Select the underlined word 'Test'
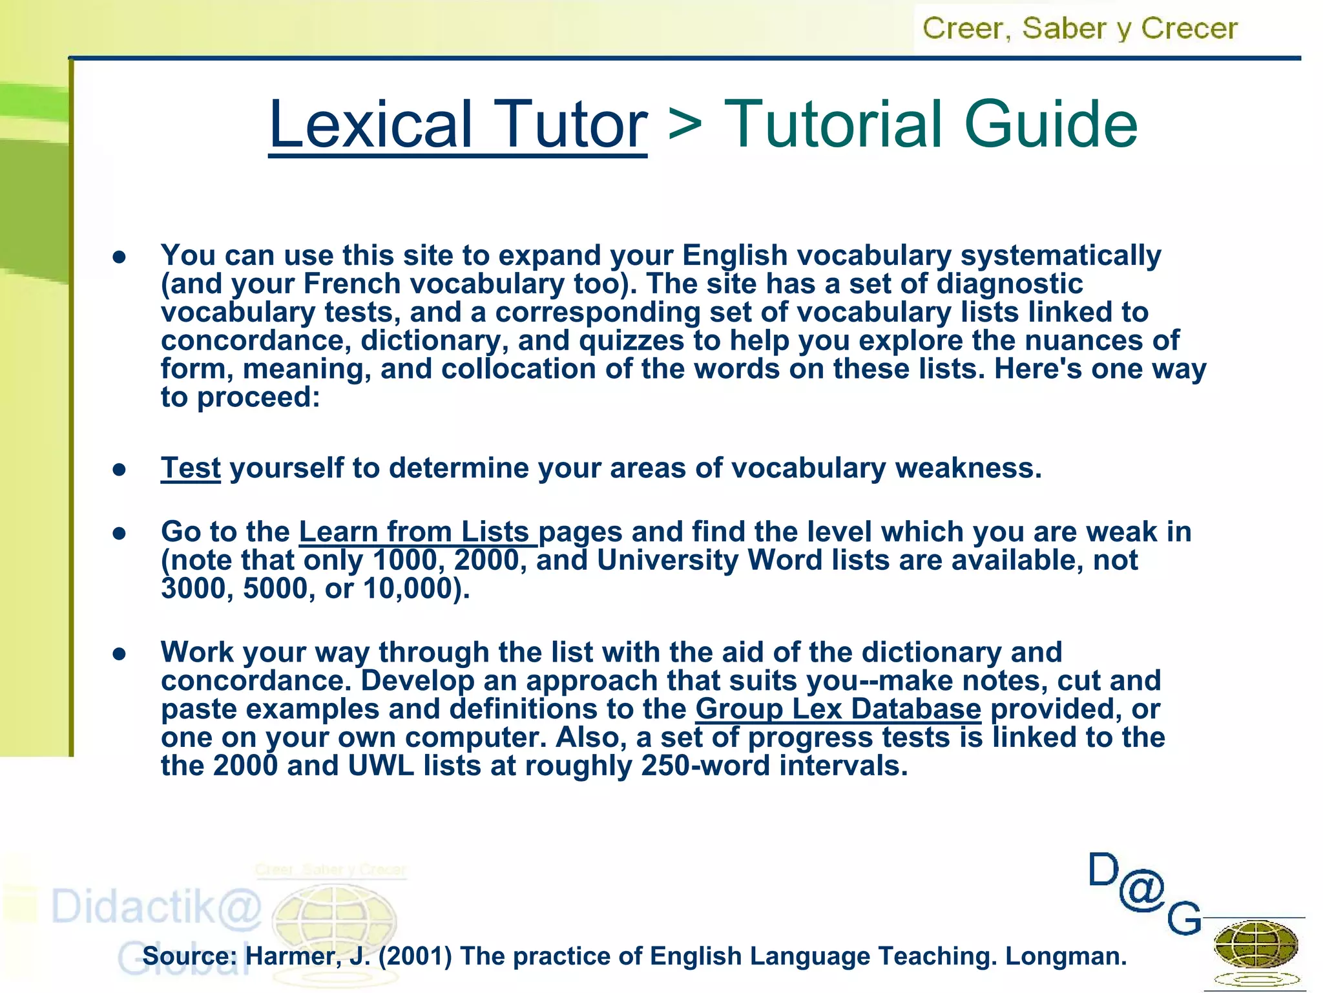point(191,468)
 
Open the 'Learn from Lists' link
point(417,532)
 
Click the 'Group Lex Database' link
point(838,709)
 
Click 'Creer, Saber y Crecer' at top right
point(1079,28)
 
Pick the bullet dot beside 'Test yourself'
point(119,469)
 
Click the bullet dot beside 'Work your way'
point(119,654)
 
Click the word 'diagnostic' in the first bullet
point(1009,284)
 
